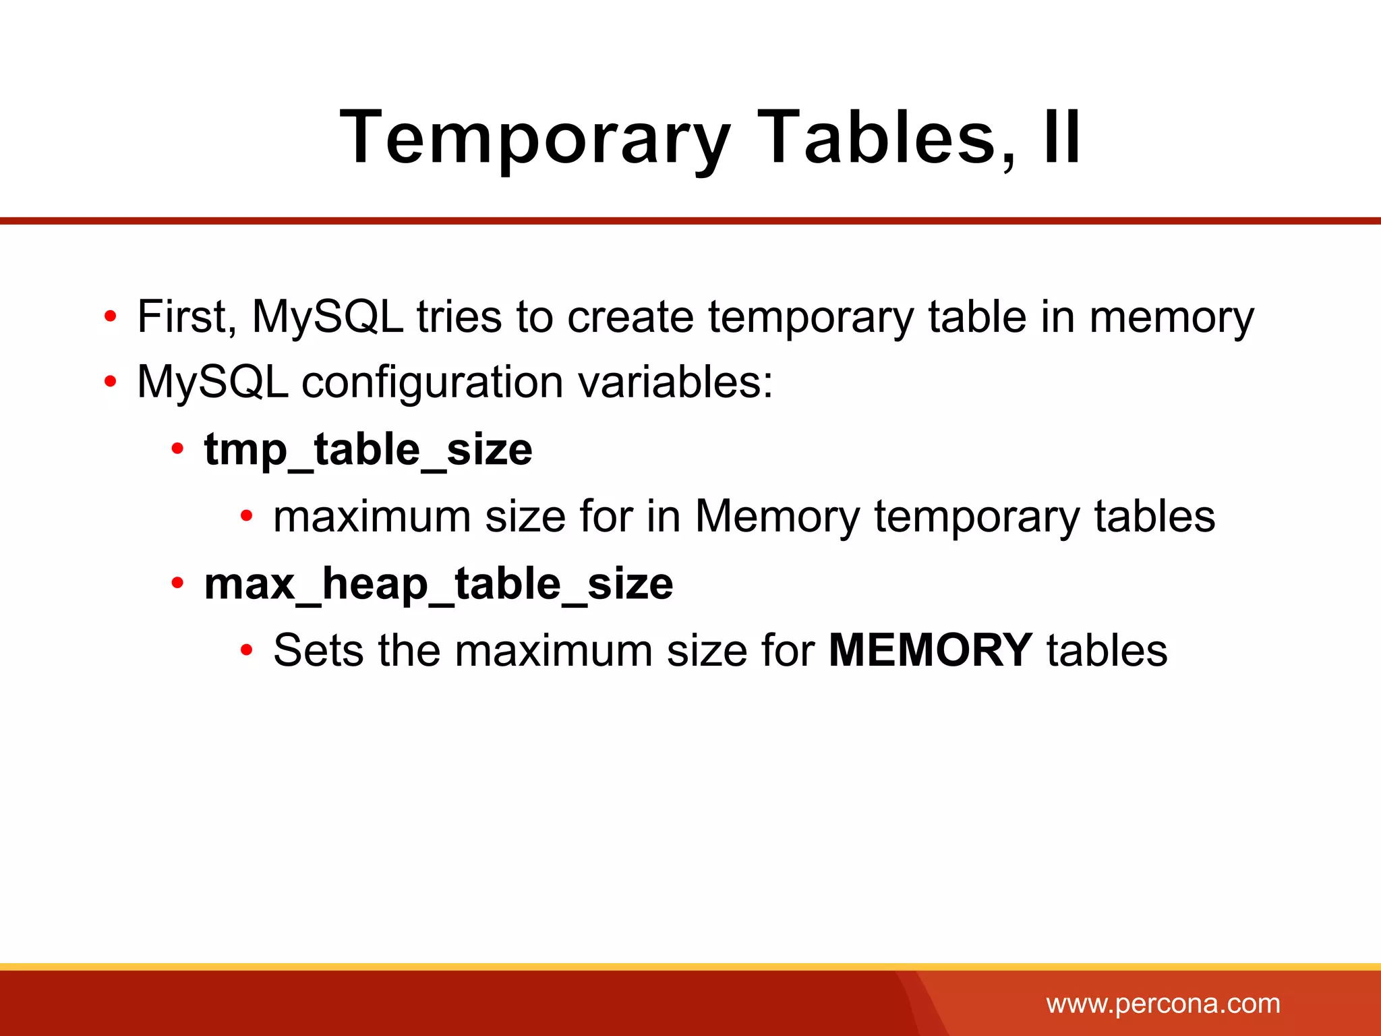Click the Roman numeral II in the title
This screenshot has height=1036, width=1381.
[1061, 138]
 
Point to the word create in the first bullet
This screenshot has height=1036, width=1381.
[630, 316]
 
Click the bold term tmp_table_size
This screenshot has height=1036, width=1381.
[368, 451]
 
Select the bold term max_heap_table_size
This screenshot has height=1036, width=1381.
[438, 584]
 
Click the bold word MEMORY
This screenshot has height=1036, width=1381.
[930, 650]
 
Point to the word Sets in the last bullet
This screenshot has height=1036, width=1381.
[318, 650]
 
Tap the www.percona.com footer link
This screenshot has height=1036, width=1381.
[1163, 1004]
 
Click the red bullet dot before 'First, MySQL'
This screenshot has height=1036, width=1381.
[111, 316]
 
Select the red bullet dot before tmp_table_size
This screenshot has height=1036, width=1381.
[177, 449]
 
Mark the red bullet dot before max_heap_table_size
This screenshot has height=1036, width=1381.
[177, 583]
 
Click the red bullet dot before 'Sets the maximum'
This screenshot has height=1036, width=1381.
[247, 651]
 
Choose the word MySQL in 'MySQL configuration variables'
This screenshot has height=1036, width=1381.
[212, 382]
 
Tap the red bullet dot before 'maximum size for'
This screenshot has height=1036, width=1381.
[247, 517]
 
